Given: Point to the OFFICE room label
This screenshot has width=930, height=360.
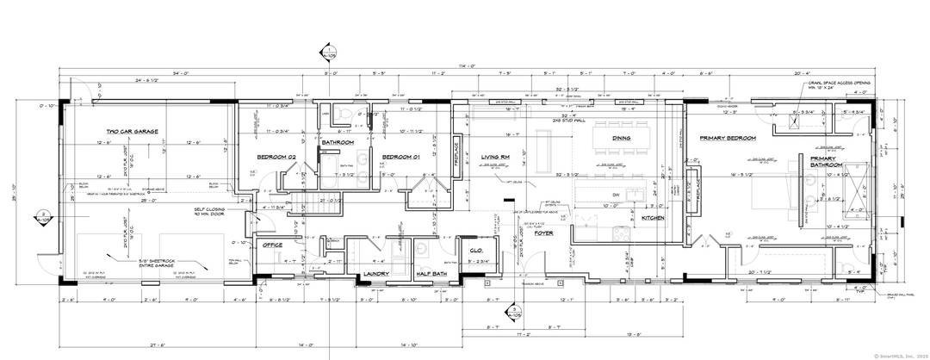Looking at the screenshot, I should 273,245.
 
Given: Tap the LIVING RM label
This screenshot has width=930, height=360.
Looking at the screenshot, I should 496,156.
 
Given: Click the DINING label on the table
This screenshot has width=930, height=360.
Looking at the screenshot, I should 621,138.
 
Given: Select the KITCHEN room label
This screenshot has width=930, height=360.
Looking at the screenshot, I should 654,218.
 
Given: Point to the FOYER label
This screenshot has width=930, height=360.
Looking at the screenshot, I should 543,233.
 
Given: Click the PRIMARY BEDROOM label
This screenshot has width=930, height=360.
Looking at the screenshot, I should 728,138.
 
